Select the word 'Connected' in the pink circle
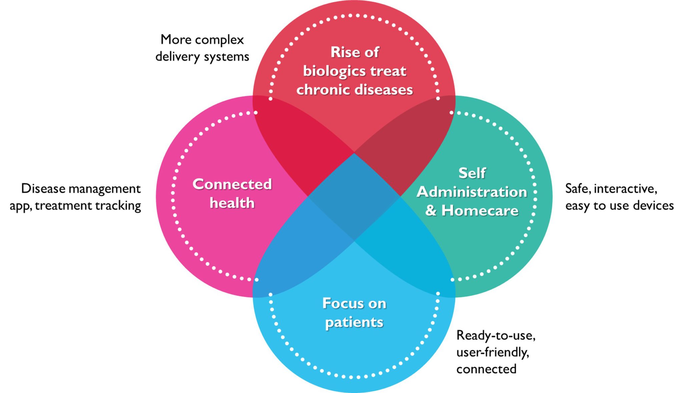[x=232, y=184]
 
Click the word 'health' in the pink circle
[x=232, y=203]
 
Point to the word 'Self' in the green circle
[x=472, y=173]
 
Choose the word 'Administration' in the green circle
[x=472, y=192]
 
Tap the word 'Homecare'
[x=480, y=211]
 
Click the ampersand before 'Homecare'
[x=431, y=211]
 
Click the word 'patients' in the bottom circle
[x=354, y=322]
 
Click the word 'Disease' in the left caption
[x=43, y=189]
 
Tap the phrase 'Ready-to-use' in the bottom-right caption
[x=496, y=335]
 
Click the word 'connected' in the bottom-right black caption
[x=486, y=369]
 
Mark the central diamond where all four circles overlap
[x=354, y=196]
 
